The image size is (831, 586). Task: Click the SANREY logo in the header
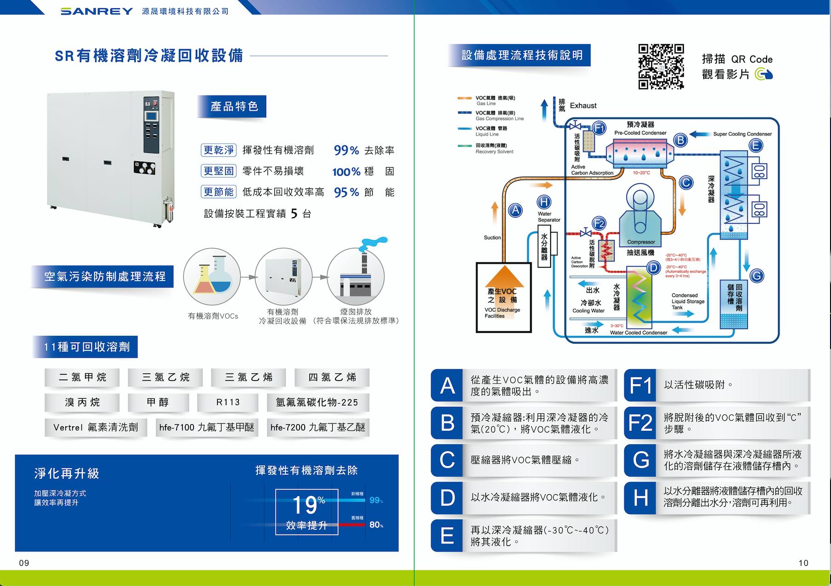[97, 11]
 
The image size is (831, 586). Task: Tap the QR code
[661, 67]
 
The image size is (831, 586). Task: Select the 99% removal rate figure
[346, 150]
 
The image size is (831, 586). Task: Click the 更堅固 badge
[219, 171]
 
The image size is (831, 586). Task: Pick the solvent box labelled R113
[228, 402]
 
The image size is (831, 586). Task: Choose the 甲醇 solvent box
[158, 402]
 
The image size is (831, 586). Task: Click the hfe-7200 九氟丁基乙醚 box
[318, 427]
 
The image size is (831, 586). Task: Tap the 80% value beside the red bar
[376, 524]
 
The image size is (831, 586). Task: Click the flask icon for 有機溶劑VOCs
[212, 276]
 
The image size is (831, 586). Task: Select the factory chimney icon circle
[356, 276]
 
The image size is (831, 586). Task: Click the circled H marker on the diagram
[544, 202]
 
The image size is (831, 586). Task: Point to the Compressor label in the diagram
[641, 242]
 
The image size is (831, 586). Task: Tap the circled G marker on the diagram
[757, 276]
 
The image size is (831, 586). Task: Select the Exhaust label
[583, 106]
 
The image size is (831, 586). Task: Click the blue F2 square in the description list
[640, 423]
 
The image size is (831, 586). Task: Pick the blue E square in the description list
[447, 535]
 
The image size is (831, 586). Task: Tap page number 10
[803, 563]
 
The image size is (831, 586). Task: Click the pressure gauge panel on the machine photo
[144, 168]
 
